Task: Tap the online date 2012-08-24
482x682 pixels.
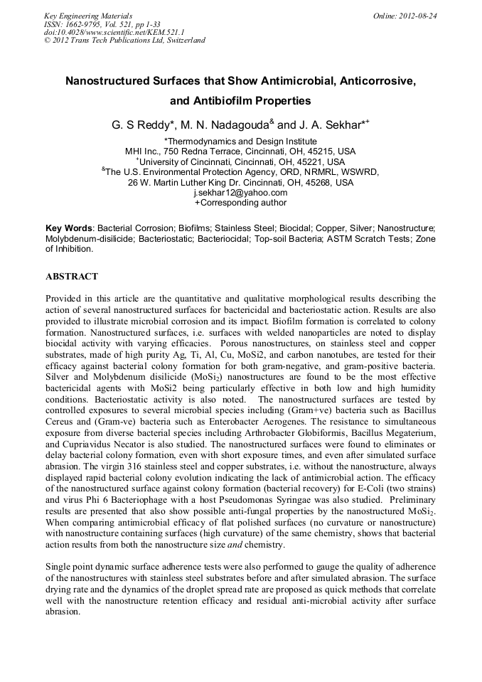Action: pos(419,15)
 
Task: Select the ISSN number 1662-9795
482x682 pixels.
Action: pos(86,23)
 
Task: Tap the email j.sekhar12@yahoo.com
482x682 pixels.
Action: pos(240,192)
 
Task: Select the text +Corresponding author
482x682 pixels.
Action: pos(240,203)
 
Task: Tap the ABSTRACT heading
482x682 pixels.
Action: pos(71,276)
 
